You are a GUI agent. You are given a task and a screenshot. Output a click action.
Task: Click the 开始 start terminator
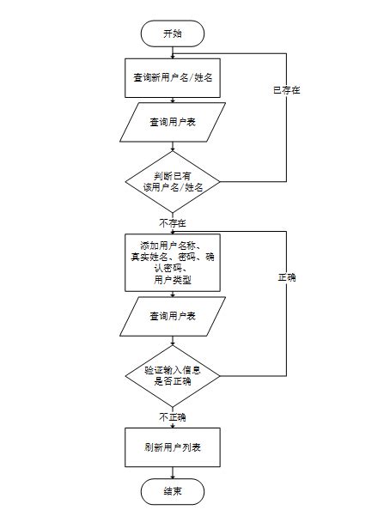[x=172, y=33]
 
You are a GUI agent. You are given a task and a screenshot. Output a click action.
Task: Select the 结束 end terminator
[x=172, y=491]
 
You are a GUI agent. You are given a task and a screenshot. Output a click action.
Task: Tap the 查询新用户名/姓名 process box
[x=172, y=77]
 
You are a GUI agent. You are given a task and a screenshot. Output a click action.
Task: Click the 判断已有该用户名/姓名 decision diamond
[x=172, y=181]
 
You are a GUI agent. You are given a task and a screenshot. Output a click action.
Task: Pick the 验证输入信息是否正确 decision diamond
[x=172, y=375]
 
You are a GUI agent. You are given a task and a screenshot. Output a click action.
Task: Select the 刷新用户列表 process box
[x=172, y=447]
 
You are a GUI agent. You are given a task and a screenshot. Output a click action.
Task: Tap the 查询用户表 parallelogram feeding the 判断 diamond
[x=172, y=123]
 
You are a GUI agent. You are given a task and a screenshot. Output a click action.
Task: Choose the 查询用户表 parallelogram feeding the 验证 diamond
[x=172, y=317]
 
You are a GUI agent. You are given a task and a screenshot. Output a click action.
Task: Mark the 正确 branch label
[x=286, y=278]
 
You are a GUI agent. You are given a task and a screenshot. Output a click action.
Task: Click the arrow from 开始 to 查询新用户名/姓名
[x=172, y=52]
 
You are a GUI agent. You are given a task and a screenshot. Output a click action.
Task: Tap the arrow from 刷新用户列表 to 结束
[x=172, y=471]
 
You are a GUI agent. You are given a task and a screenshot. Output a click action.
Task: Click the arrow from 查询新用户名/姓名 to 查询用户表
[x=172, y=99]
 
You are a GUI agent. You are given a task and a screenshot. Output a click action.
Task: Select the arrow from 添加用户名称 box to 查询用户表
[x=172, y=292]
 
